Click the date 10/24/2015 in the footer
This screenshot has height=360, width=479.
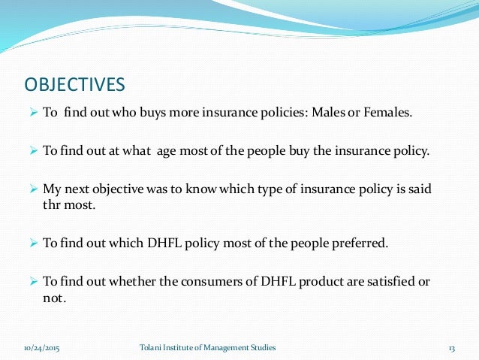pyautogui.click(x=42, y=347)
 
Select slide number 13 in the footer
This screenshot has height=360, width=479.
pyautogui.click(x=452, y=347)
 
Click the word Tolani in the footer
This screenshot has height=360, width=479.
pyautogui.click(x=152, y=347)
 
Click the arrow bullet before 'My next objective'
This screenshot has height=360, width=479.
pyautogui.click(x=33, y=188)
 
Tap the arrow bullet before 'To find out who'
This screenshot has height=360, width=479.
pyautogui.click(x=33, y=113)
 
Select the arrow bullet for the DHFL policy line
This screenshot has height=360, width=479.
pyautogui.click(x=33, y=244)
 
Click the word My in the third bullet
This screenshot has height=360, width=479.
pyautogui.click(x=51, y=188)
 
